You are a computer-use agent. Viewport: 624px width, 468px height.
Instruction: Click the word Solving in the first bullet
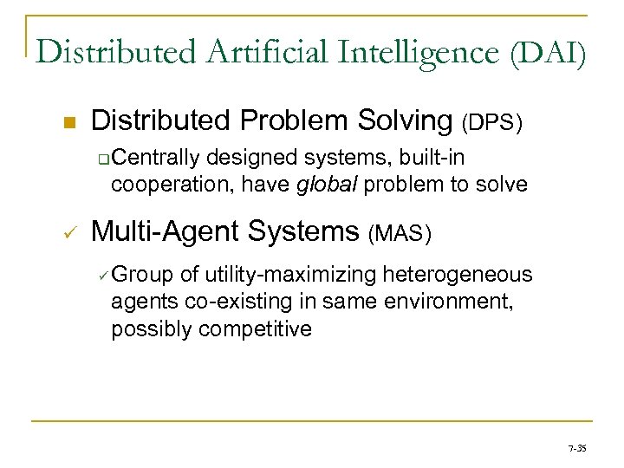pyautogui.click(x=407, y=122)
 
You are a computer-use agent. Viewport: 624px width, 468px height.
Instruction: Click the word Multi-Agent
pyautogui.click(x=165, y=231)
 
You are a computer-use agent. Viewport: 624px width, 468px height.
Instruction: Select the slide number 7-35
pyautogui.click(x=577, y=449)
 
